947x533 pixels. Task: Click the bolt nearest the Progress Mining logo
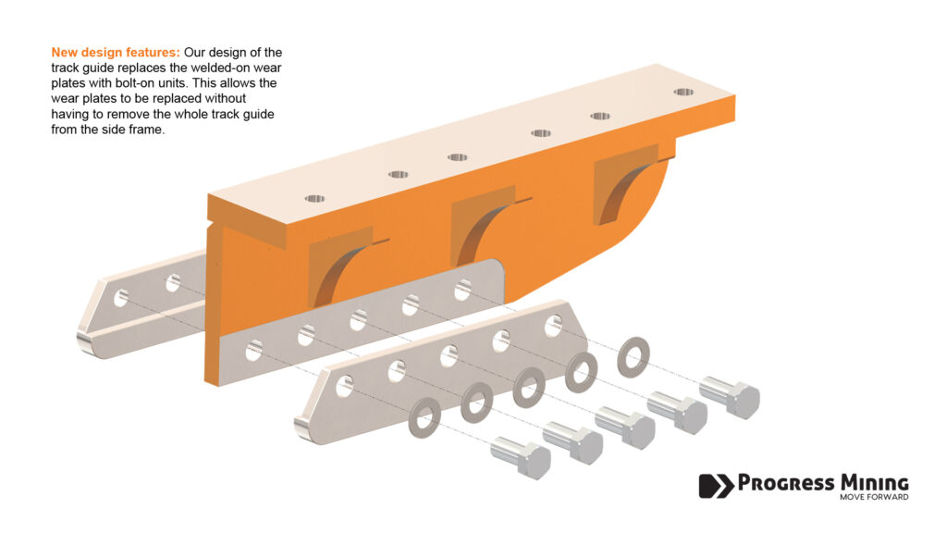(x=730, y=397)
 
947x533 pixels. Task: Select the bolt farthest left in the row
(x=521, y=458)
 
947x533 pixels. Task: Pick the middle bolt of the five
(x=625, y=428)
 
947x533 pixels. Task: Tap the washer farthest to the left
(x=424, y=417)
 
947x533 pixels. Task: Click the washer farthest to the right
(x=633, y=357)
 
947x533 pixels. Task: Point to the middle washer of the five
(x=529, y=388)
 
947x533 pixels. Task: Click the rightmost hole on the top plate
(x=683, y=93)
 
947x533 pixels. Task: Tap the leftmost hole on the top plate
(x=314, y=199)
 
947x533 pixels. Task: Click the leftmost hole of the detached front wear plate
(x=345, y=386)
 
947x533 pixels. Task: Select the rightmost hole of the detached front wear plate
(x=553, y=326)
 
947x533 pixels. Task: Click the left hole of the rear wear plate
(x=121, y=298)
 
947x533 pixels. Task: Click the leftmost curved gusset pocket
(x=340, y=267)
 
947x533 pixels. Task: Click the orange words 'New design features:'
(x=116, y=53)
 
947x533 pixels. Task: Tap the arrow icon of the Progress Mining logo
(x=717, y=485)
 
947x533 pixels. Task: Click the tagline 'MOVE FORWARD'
(x=874, y=497)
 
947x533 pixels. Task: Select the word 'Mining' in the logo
(x=875, y=483)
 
